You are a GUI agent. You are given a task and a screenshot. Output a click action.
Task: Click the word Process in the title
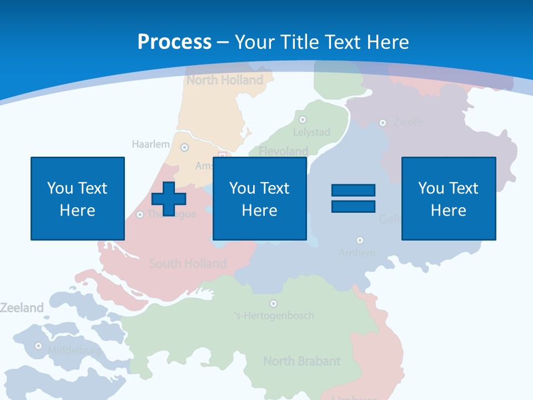(174, 42)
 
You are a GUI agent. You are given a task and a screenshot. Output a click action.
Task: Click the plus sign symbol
(169, 198)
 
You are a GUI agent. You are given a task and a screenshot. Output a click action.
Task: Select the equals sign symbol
(353, 198)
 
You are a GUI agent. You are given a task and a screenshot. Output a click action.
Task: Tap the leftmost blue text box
(78, 198)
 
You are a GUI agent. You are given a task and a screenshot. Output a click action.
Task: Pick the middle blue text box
(260, 198)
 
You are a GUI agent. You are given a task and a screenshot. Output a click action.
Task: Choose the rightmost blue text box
(449, 198)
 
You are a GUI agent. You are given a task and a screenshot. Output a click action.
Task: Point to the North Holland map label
(225, 80)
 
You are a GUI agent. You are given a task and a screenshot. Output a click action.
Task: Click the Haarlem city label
(151, 144)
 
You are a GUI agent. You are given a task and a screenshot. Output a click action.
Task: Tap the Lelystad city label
(311, 132)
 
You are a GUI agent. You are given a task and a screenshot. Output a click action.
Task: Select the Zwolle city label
(409, 122)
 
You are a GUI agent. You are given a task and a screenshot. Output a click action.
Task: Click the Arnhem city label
(357, 253)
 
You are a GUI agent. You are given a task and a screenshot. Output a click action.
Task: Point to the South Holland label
(188, 263)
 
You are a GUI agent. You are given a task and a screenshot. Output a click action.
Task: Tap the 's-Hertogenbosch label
(274, 316)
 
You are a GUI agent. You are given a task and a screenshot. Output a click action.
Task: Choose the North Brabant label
(301, 361)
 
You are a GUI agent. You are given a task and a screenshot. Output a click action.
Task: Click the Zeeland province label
(22, 308)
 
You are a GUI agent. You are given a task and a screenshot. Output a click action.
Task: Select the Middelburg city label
(74, 351)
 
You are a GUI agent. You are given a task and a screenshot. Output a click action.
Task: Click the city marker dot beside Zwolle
(383, 123)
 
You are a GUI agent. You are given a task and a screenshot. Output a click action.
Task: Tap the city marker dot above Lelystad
(303, 119)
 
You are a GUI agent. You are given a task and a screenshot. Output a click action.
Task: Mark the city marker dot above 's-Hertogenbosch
(273, 303)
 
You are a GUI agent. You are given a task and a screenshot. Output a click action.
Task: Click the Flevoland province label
(283, 151)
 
